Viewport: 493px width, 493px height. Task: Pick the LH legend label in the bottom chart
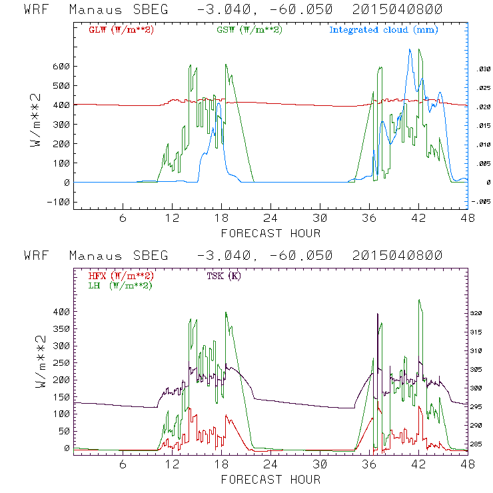tap(118, 285)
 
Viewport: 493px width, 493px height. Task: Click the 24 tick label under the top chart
tap(270, 219)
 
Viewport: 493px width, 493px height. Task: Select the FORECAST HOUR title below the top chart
tap(270, 233)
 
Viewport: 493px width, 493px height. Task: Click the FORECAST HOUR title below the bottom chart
tap(270, 479)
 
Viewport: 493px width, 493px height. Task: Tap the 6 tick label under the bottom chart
tap(123, 464)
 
